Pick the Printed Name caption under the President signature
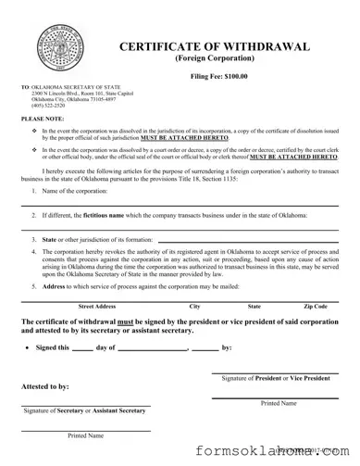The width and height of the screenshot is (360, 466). (x=278, y=404)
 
